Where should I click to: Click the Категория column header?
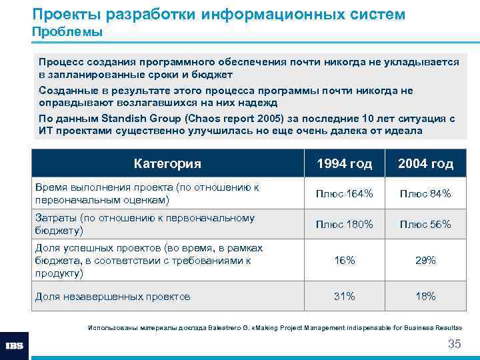pos(167,163)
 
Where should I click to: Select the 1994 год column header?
pos(345,163)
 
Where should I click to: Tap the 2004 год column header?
pos(425,163)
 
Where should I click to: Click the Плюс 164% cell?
pos(345,194)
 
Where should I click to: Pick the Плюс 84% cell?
pos(425,194)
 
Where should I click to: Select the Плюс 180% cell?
pos(345,225)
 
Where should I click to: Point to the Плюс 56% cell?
pos(425,225)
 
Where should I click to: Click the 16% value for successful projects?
pos(345,261)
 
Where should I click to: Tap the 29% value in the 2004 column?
pos(425,261)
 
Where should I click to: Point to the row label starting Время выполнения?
pos(147,193)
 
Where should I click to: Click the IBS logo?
pos(14,346)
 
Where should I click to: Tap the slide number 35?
pos(454,344)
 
